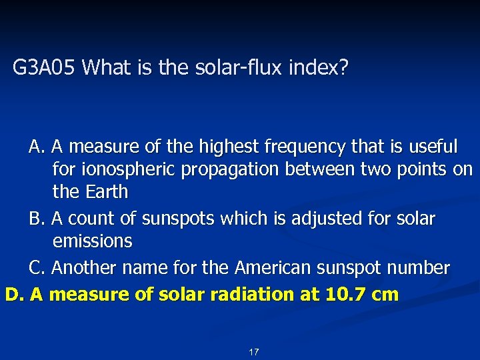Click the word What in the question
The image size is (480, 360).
pyautogui.click(x=109, y=67)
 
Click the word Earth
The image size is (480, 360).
pyautogui.click(x=107, y=192)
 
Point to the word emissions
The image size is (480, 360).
pyautogui.click(x=92, y=241)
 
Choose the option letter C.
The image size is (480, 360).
pyautogui.click(x=35, y=268)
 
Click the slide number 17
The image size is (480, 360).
pyautogui.click(x=253, y=351)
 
